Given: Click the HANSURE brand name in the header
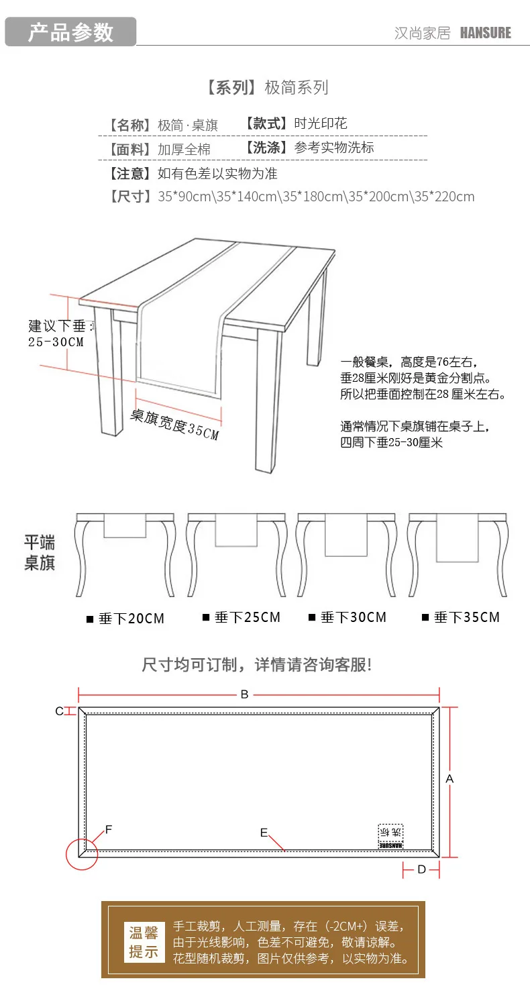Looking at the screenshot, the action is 485,33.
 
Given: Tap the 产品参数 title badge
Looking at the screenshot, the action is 70,32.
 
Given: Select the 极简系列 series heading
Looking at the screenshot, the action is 296,87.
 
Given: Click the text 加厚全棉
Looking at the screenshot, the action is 184,149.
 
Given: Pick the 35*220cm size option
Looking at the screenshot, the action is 443,197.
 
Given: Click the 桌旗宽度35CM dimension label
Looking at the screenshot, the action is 174,425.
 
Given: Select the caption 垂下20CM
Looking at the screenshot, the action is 131,619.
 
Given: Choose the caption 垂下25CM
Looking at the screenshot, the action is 247,617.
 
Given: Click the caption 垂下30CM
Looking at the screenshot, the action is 353,617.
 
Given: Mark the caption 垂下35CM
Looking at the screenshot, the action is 466,617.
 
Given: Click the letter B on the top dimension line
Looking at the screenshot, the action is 244,694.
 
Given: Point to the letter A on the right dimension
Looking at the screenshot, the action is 450,779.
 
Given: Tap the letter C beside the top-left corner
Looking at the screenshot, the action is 59,711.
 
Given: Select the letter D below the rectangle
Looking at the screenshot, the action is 421,870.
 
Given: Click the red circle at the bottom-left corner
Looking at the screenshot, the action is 82,853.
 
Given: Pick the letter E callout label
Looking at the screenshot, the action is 264,833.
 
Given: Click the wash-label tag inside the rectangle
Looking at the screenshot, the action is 390,836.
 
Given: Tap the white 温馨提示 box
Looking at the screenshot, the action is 144,942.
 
